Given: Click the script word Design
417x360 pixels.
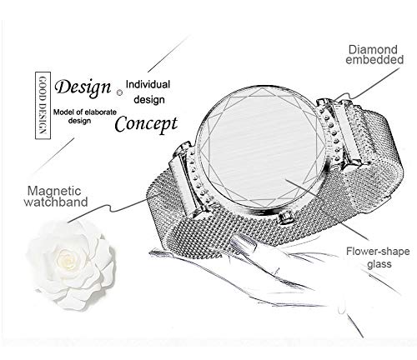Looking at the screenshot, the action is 83,87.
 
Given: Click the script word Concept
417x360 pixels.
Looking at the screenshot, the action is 146,124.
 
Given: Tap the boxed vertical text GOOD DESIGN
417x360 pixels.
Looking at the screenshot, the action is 43,105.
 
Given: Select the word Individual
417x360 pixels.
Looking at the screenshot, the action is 148,84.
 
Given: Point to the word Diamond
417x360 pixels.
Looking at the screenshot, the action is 373,50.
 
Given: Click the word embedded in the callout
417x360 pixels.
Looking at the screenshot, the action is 374,60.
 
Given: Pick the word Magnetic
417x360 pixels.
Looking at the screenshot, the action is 54,191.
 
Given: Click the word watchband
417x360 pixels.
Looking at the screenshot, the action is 56,202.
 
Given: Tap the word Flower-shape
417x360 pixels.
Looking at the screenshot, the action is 378,252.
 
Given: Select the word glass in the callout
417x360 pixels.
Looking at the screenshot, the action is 379,264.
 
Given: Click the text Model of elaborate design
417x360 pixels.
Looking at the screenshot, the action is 85,117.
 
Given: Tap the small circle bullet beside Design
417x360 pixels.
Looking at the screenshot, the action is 119,92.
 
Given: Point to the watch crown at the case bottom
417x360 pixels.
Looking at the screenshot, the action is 284,217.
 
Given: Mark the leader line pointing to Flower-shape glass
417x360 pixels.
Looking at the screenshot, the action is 327,209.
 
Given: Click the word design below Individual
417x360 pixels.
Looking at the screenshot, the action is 149,100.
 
